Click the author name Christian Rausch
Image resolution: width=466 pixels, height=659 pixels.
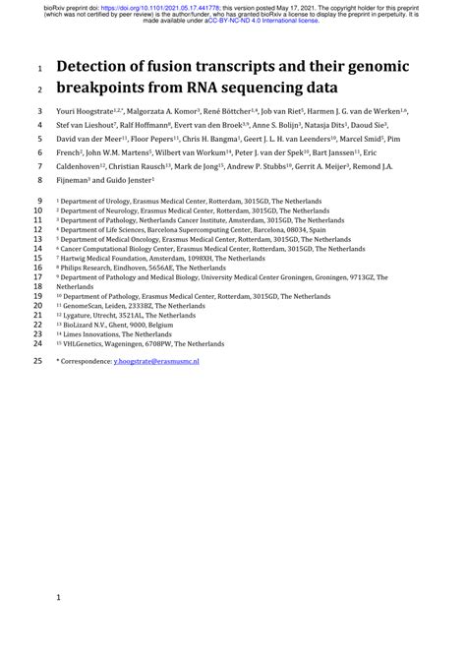167,167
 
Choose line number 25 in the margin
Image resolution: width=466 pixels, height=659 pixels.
37,362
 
